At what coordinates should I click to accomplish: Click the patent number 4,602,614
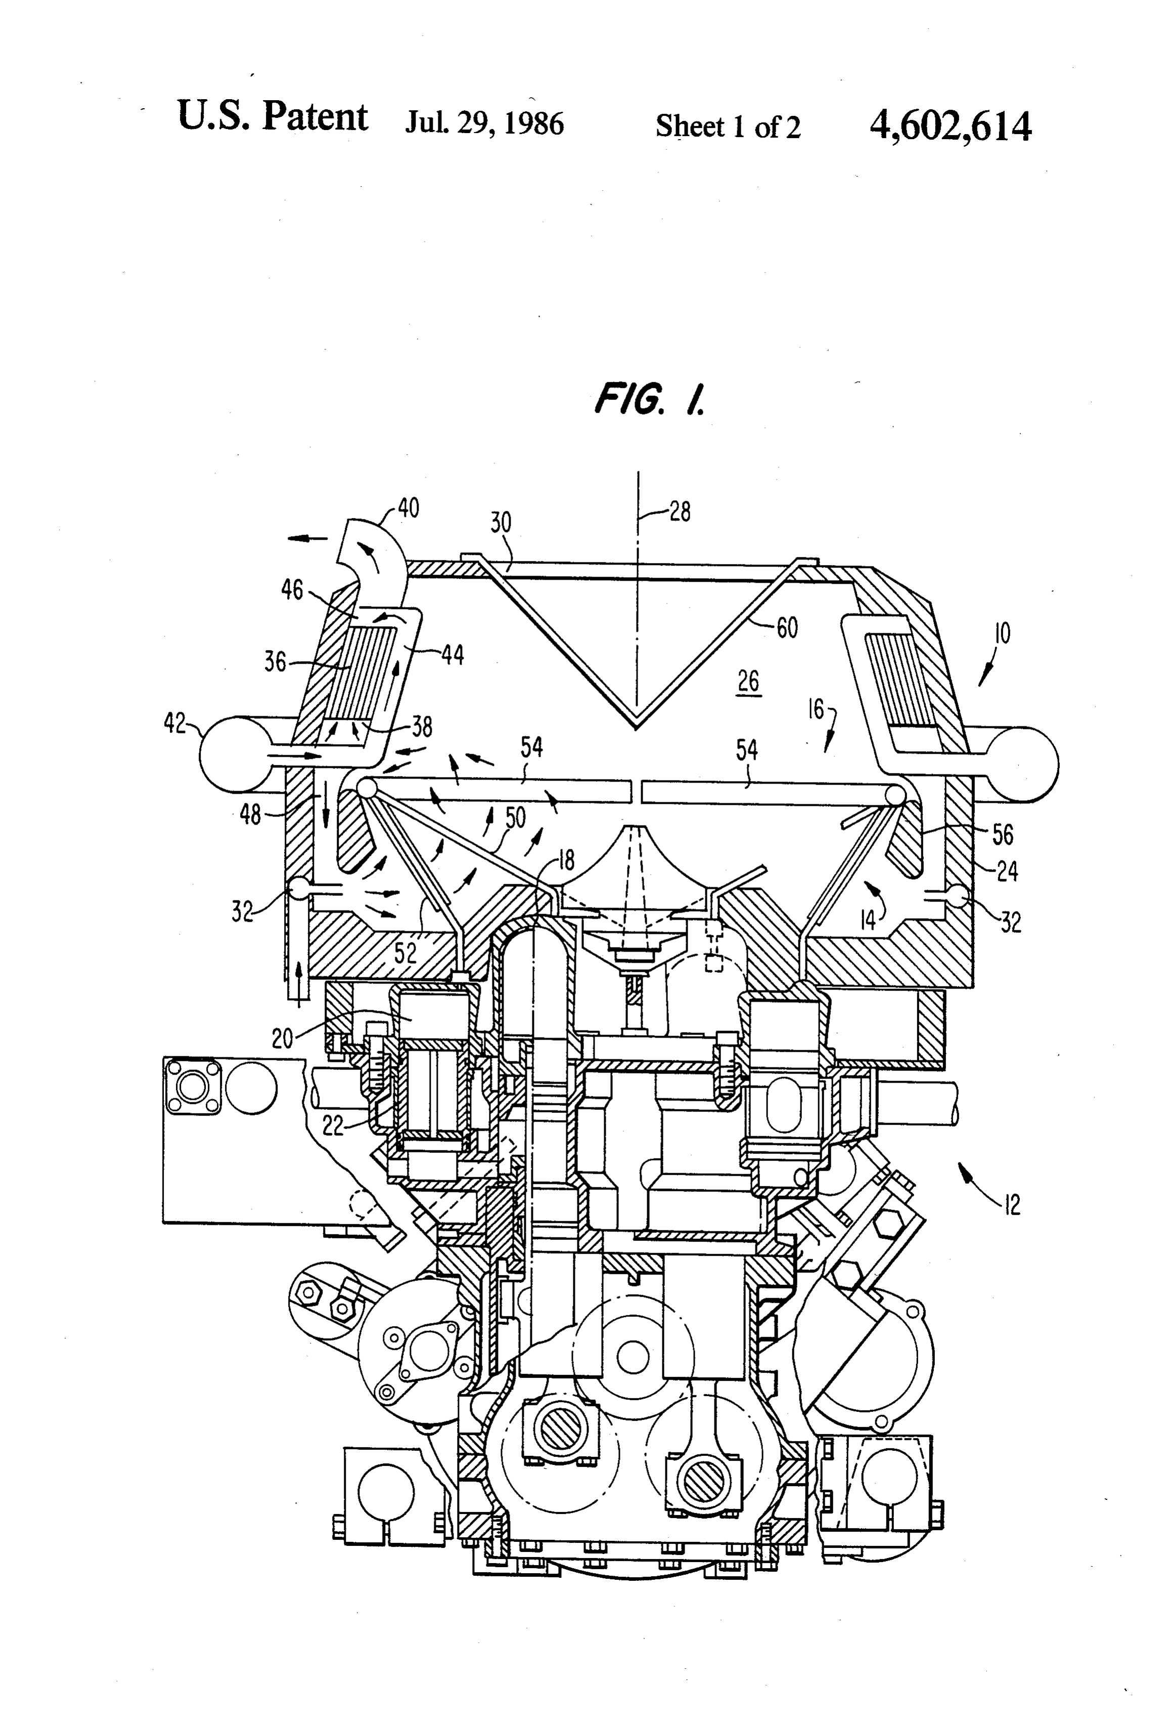pyautogui.click(x=950, y=126)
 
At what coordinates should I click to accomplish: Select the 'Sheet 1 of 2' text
pyautogui.click(x=728, y=127)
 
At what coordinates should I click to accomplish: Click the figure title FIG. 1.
pyautogui.click(x=650, y=401)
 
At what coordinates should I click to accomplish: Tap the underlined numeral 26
pyautogui.click(x=749, y=681)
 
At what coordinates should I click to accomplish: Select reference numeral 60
pyautogui.click(x=787, y=628)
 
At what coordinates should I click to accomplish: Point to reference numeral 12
pyautogui.click(x=1011, y=1204)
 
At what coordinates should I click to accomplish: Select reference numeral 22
pyautogui.click(x=333, y=1126)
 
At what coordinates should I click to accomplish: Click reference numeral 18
pyautogui.click(x=566, y=860)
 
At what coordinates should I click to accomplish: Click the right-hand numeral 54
pyautogui.click(x=747, y=750)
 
